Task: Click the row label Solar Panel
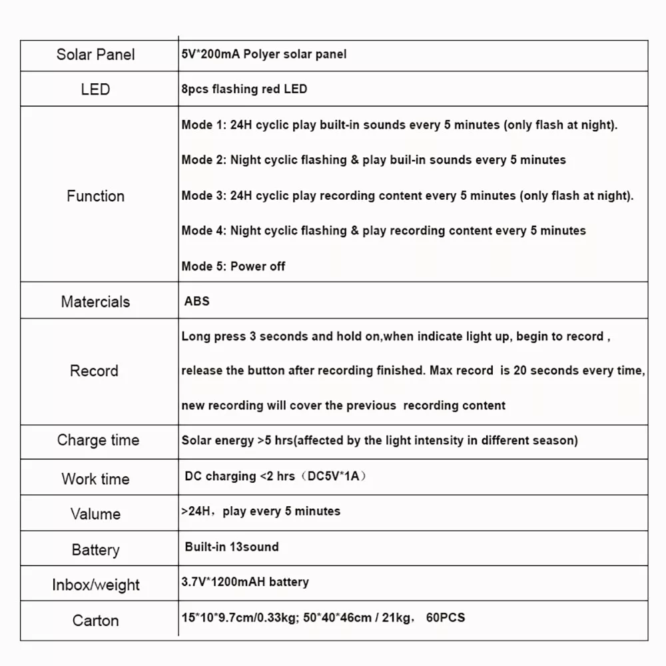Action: click(95, 55)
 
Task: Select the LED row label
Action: click(95, 89)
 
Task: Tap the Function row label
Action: click(95, 196)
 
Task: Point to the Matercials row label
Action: click(95, 302)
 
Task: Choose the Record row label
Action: click(94, 371)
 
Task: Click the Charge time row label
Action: click(98, 440)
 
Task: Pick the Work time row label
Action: click(95, 479)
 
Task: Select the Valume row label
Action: click(95, 514)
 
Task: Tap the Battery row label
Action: click(95, 550)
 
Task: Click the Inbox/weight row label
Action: click(96, 585)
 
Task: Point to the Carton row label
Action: click(95, 621)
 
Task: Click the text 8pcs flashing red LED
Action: click(244, 89)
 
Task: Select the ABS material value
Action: click(197, 301)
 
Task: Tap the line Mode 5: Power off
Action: click(233, 266)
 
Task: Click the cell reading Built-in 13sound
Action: click(232, 547)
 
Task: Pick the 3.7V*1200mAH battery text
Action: click(245, 582)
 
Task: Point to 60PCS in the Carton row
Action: click(444, 617)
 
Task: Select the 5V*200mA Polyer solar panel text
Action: click(264, 55)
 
